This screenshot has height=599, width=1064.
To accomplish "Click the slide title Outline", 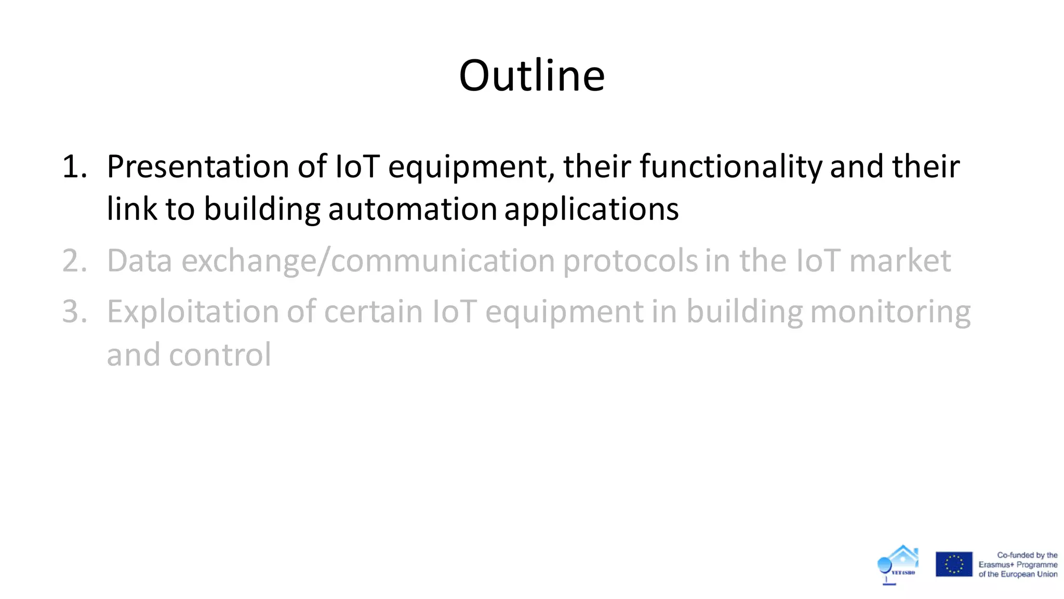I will tap(531, 76).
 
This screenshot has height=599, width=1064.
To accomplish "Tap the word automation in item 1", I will tap(413, 210).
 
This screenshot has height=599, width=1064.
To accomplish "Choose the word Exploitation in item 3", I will tap(193, 312).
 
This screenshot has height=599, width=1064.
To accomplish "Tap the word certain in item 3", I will tap(373, 312).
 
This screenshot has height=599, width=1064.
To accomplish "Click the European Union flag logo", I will tap(953, 564).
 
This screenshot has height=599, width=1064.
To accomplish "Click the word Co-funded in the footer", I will tap(1015, 555).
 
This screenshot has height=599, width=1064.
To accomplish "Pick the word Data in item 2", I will tap(139, 261).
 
